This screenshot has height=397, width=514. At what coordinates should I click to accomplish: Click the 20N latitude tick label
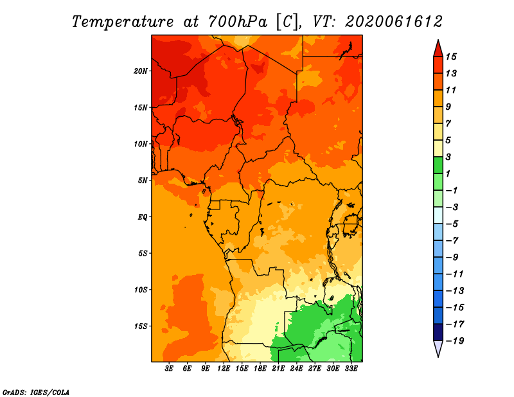tap(141, 71)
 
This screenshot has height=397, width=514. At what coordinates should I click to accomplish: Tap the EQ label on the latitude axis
tap(143, 217)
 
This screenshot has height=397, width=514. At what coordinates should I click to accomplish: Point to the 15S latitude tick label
tap(141, 326)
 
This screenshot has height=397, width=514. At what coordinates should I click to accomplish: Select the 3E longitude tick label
tap(169, 369)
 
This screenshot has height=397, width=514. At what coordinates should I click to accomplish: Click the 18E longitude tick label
tap(260, 369)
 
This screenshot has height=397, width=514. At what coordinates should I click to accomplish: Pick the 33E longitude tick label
tap(351, 369)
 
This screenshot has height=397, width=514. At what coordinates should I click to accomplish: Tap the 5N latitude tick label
tap(143, 181)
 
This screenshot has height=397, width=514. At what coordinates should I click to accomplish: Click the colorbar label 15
tap(451, 57)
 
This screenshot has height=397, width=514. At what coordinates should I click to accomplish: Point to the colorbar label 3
tap(448, 157)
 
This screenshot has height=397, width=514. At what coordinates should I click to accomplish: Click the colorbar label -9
tap(452, 258)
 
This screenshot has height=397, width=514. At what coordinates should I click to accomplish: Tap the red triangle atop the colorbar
tap(438, 49)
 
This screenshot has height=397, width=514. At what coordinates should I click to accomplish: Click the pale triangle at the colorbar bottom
tap(438, 348)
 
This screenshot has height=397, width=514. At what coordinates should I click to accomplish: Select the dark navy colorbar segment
tap(438, 332)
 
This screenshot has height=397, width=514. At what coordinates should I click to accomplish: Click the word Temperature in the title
tap(122, 22)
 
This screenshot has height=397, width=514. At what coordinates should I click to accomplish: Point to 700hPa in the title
tap(238, 22)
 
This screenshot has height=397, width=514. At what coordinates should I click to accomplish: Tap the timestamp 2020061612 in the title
tap(394, 22)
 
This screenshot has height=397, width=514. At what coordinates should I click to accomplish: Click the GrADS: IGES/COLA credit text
tap(36, 393)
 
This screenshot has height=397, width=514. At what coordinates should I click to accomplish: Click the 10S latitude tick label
tap(141, 290)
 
